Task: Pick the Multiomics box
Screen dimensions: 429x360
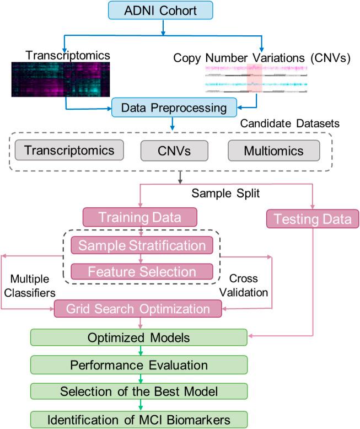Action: pos(273,150)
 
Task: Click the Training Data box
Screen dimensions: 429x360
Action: pos(140,217)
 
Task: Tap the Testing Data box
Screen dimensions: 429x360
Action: pos(313,219)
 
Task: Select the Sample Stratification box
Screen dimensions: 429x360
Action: pos(142,245)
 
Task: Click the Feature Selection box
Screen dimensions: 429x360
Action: pos(142,272)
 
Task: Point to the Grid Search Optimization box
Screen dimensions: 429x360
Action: pos(138,308)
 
